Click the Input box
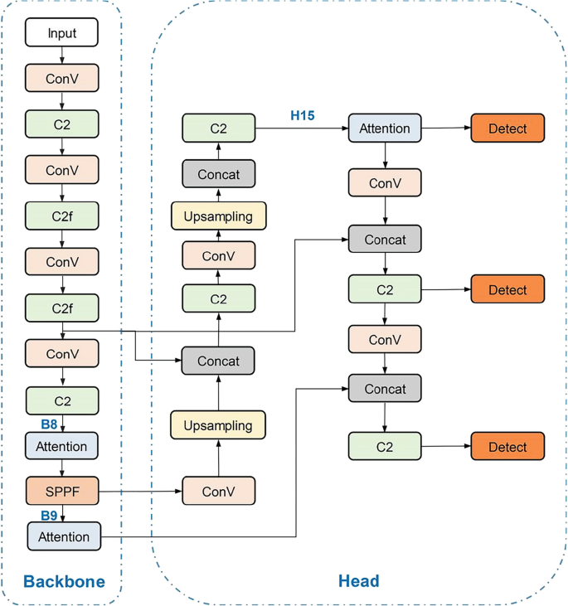62,33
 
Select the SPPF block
62,492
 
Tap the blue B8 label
49,424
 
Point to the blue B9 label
49,515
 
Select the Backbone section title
64,581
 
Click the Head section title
358,581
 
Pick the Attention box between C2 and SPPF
62,446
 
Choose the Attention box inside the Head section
385,128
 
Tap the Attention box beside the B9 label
64,536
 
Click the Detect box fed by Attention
507,128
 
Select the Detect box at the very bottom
507,447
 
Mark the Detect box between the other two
507,290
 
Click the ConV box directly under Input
62,79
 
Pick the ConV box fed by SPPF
218,492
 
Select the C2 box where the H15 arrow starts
218,128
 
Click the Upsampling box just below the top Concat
218,216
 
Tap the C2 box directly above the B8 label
62,401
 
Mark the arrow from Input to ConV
62,56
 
